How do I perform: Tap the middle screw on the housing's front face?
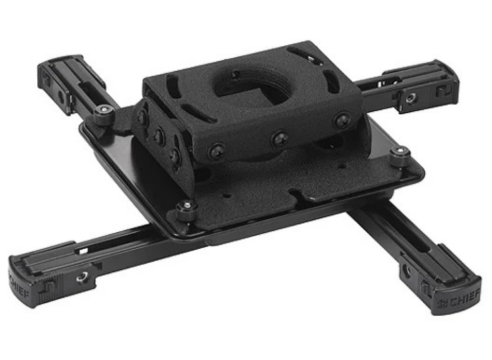(x=280, y=138)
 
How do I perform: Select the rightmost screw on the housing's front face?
(x=342, y=121)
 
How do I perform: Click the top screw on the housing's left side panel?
(x=142, y=118)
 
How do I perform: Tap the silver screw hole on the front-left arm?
(x=81, y=278)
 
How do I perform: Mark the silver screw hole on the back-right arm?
(x=411, y=96)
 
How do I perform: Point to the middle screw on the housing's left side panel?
(x=159, y=136)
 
